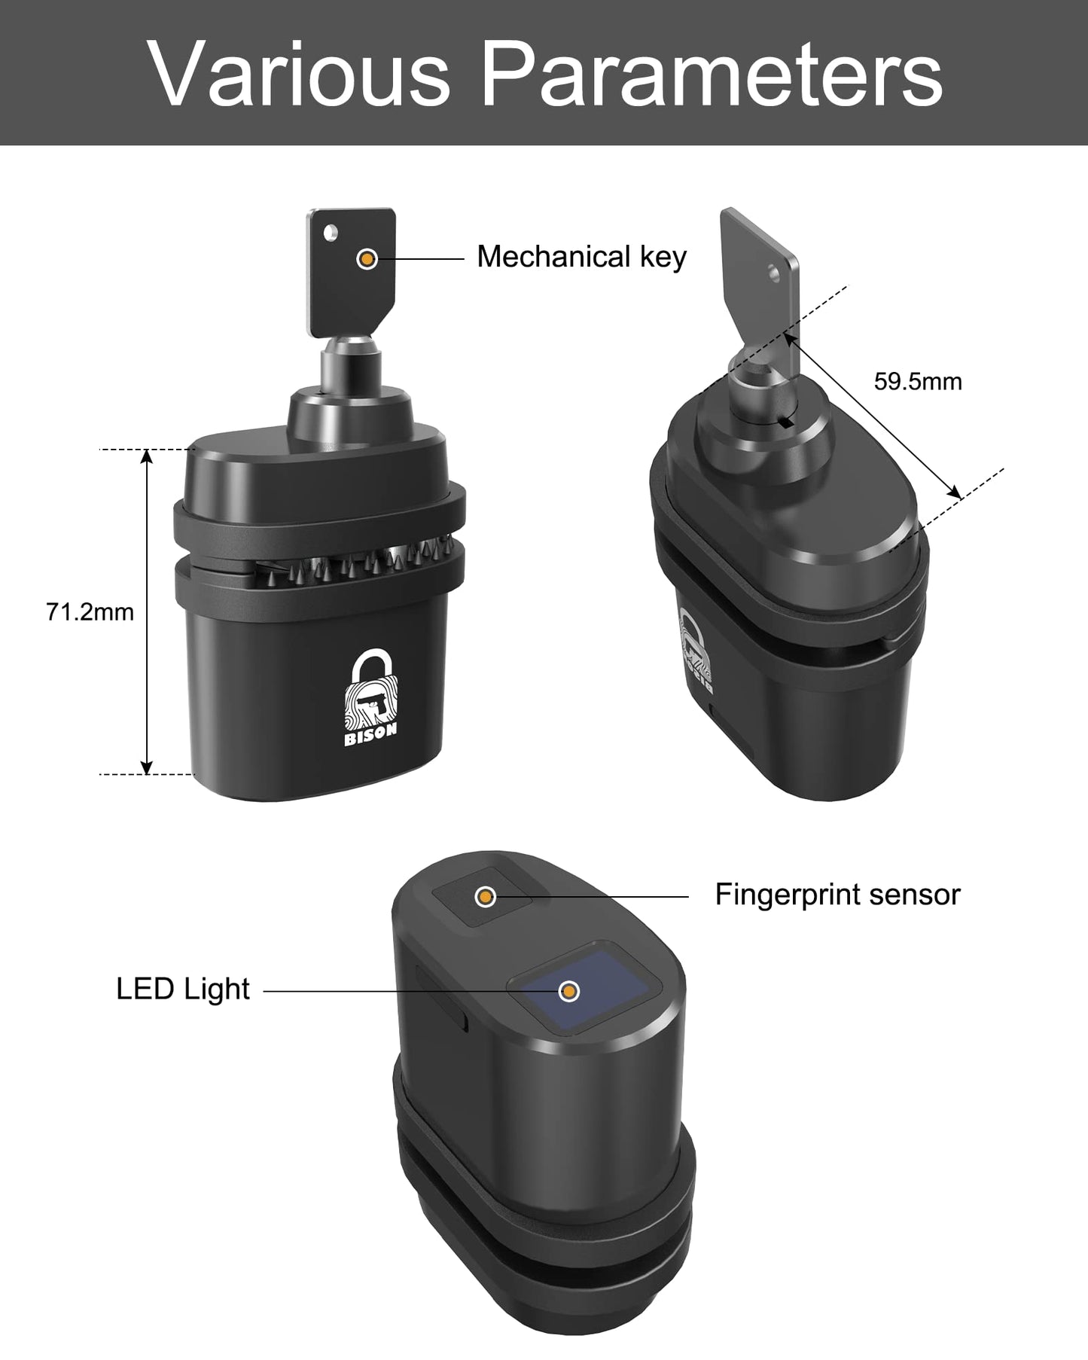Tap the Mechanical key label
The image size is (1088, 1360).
581,258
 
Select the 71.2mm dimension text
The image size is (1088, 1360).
90,612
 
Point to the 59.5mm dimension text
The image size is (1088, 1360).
917,382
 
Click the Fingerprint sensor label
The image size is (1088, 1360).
837,895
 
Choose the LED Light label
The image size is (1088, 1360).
183,989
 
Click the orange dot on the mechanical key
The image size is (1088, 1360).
367,259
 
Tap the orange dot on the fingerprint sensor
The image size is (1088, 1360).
486,896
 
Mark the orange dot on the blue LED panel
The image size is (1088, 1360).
570,991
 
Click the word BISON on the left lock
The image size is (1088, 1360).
370,739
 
